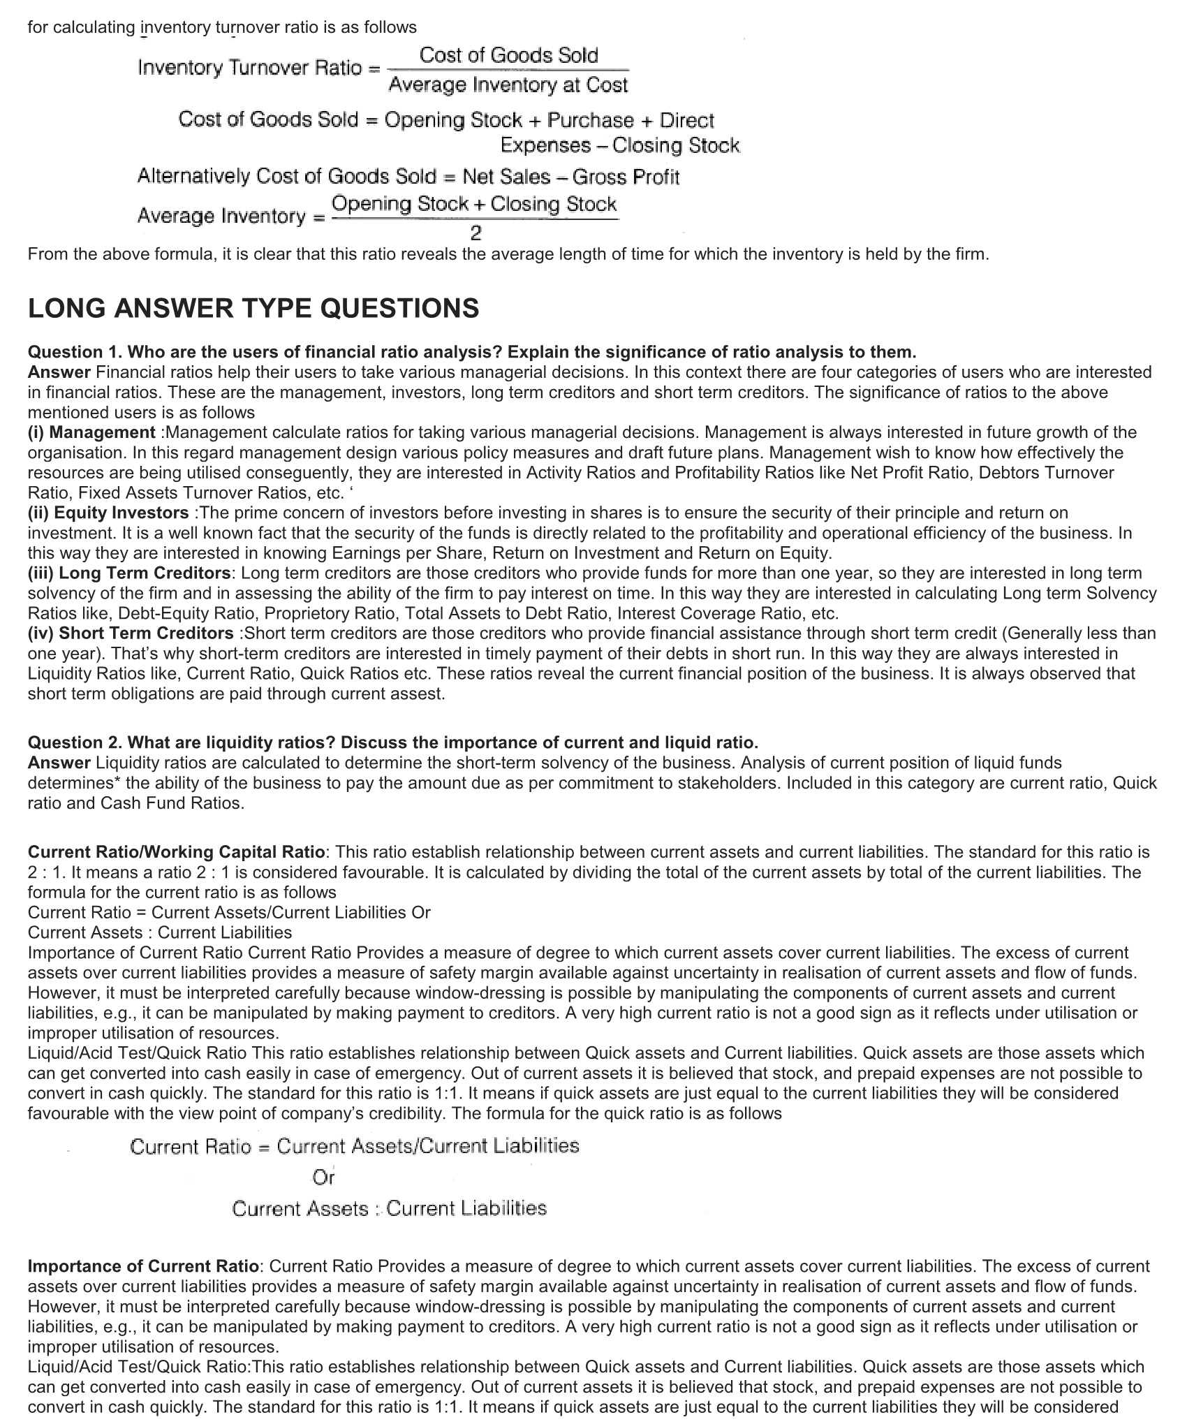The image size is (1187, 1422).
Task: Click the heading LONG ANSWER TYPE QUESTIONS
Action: tap(253, 309)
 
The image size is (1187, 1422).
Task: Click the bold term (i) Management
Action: tap(91, 432)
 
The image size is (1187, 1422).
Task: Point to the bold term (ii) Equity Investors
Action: tap(108, 513)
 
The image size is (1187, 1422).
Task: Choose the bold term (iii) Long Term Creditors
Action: tap(129, 573)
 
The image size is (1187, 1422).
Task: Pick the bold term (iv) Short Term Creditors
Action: tap(131, 633)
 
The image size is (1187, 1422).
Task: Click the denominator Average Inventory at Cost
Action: tap(508, 85)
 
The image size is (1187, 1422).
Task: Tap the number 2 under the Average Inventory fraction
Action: tap(475, 232)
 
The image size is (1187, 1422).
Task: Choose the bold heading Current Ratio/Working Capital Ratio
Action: tap(176, 852)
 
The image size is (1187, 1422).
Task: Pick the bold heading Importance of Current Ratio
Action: tap(143, 1266)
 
